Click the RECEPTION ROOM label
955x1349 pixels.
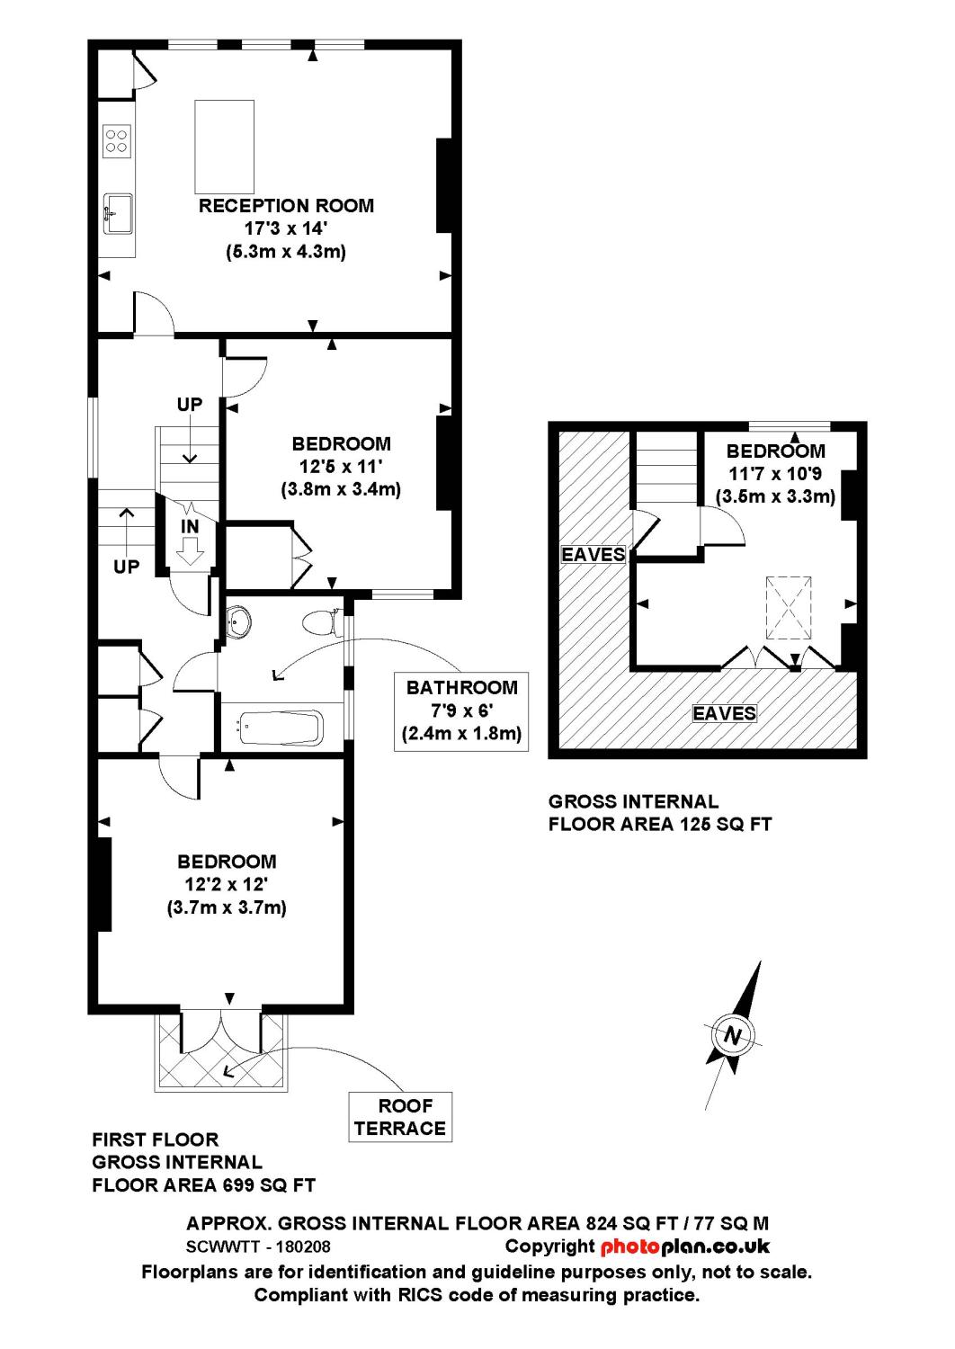(x=286, y=206)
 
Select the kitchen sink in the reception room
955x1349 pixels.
(x=118, y=213)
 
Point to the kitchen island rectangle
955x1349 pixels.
(x=224, y=146)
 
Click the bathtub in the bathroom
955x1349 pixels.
(x=280, y=728)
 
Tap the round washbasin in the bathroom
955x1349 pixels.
(x=239, y=620)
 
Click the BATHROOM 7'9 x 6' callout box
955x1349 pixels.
(x=461, y=710)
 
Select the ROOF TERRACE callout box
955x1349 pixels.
(x=400, y=1117)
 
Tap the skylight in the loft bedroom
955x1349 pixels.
(x=789, y=608)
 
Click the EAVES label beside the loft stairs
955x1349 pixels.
(x=593, y=554)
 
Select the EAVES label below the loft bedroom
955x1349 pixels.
(x=724, y=713)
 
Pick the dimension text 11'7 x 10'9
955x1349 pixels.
(x=775, y=474)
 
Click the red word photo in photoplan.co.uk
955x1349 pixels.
(x=630, y=1246)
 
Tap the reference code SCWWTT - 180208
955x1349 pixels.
(x=258, y=1247)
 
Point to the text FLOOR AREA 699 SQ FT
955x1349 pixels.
(x=203, y=1185)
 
